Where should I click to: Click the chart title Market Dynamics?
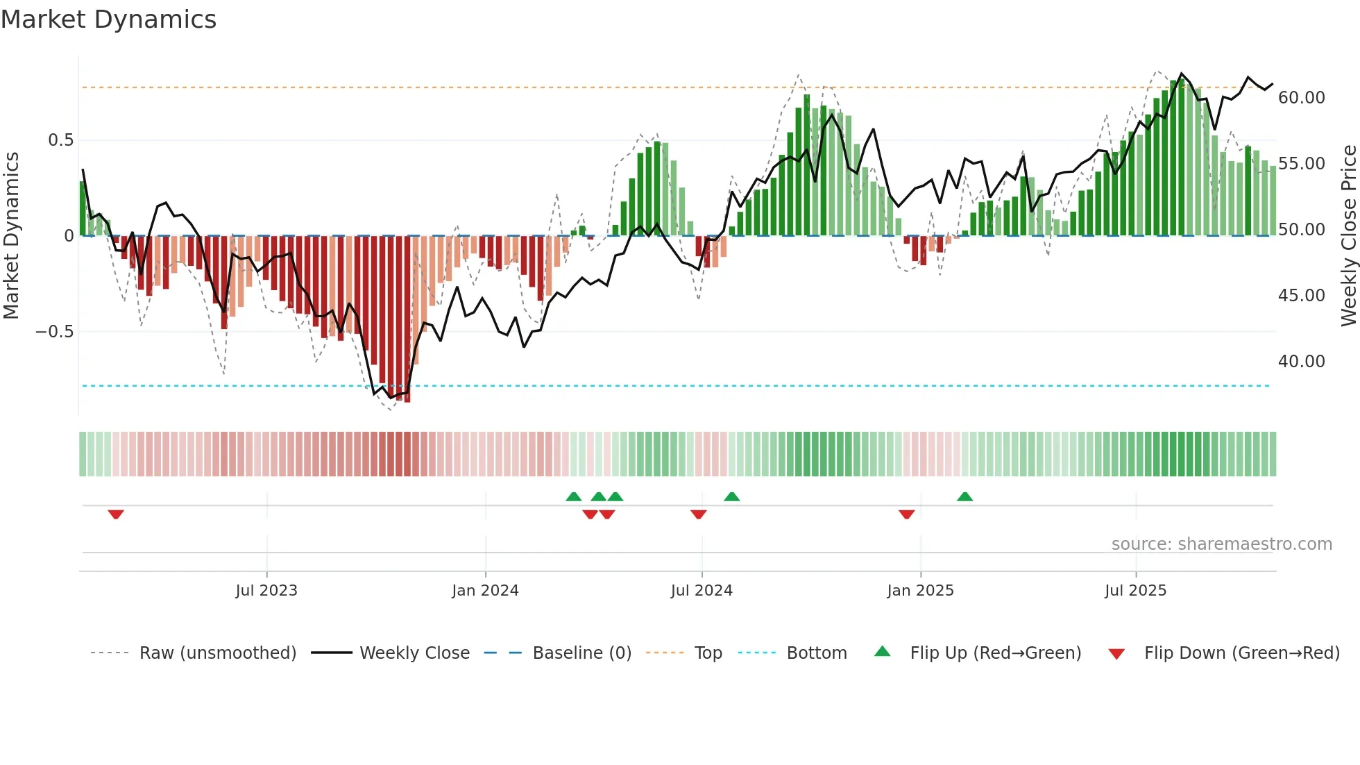[x=108, y=19]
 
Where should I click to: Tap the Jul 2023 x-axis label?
[x=266, y=591]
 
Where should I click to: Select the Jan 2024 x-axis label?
[x=485, y=591]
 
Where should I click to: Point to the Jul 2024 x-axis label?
[x=702, y=591]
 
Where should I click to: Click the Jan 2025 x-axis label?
[x=920, y=591]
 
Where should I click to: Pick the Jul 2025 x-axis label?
[x=1135, y=591]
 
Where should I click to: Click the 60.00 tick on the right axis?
[x=1301, y=98]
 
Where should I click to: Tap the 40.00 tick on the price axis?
[x=1301, y=362]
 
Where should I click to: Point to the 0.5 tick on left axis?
[x=60, y=140]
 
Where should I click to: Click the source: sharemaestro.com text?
[x=1221, y=544]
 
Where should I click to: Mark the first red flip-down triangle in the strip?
[x=116, y=514]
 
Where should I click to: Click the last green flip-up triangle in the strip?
[x=964, y=496]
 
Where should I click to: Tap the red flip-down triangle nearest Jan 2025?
[x=906, y=514]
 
